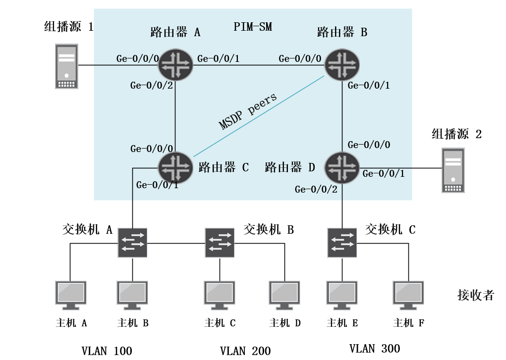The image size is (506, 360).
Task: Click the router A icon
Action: pos(176,64)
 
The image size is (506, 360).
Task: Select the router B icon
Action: pos(342,64)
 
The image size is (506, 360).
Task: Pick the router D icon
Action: pos(342,166)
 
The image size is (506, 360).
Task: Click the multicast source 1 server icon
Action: pos(66,66)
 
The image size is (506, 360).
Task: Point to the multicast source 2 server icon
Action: pos(453,171)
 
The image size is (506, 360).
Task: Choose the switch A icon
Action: pos(132,243)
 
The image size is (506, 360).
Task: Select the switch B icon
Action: pos(220,243)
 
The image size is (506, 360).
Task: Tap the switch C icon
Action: pos(342,243)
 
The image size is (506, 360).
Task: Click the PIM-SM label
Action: pos(253,27)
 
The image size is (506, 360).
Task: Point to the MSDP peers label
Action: pos(248,111)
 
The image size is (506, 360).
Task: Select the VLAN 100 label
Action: pos(107,351)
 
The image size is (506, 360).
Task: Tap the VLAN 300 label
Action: pos(374,348)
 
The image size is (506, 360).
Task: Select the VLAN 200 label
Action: pos(245,351)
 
